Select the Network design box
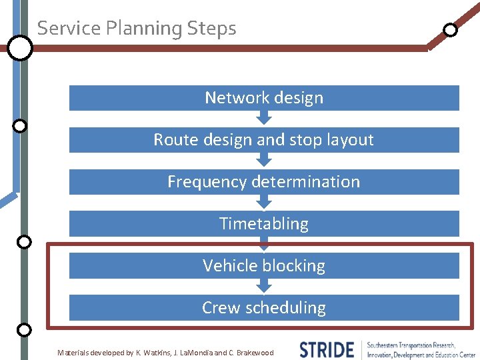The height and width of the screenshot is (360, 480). [x=264, y=98]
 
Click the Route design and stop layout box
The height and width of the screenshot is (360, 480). [x=264, y=140]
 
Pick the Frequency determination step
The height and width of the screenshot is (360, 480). [x=264, y=182]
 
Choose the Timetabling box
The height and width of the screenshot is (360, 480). [x=264, y=224]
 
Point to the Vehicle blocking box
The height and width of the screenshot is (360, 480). [x=264, y=266]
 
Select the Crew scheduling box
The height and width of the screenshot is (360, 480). [x=264, y=308]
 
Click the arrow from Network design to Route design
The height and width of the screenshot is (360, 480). [x=265, y=118]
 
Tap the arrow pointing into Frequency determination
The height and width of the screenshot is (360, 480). [x=265, y=160]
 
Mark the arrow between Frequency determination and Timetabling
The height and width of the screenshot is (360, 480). [x=265, y=202]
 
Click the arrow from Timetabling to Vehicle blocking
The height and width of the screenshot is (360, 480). [x=265, y=244]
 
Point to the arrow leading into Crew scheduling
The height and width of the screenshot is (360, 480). [x=265, y=286]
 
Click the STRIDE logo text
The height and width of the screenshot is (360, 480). [x=327, y=350]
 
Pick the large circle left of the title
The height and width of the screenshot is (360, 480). [x=20, y=48]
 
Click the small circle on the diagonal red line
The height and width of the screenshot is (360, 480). [x=451, y=29]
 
